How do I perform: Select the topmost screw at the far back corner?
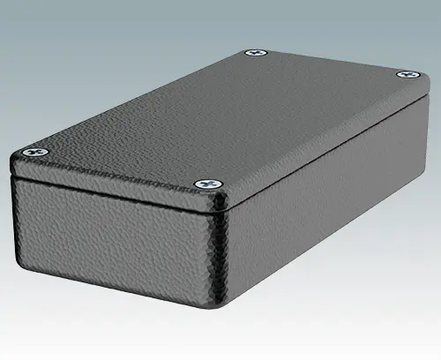[257, 54]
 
